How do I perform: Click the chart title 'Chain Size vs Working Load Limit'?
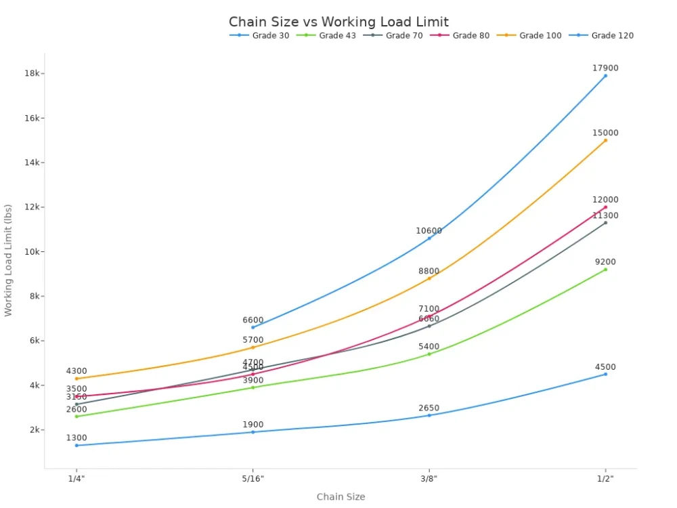pos(338,22)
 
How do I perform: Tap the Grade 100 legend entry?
pos(540,35)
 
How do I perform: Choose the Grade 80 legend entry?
pos(471,35)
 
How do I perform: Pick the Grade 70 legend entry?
pos(403,35)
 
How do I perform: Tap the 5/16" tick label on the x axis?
pos(253,478)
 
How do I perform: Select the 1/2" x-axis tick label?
pos(605,478)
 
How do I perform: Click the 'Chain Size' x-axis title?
pos(341,496)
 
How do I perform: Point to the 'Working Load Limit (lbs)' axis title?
pos(8,260)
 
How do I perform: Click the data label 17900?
pos(605,68)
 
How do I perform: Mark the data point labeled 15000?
pos(605,140)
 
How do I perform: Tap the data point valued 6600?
pos(253,327)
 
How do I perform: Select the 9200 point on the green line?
pos(605,270)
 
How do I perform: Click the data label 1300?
pos(77,438)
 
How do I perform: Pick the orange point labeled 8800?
pos(429,278)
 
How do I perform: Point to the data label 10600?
pos(429,230)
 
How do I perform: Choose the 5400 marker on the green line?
pos(429,354)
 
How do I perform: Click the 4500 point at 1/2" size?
pos(605,374)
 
